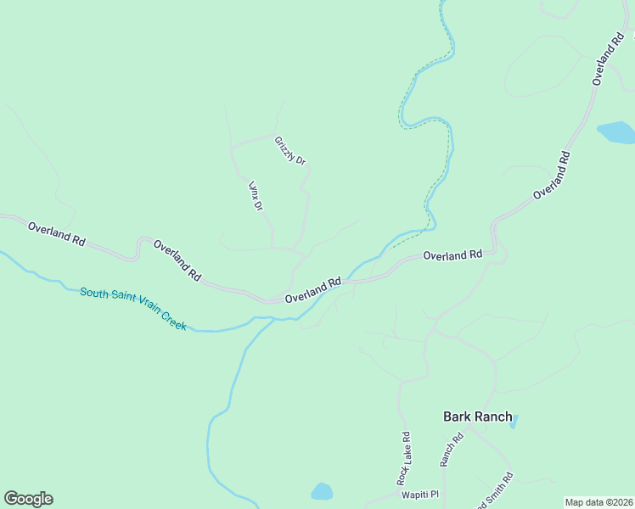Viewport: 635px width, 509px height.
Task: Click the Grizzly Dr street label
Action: [x=290, y=150]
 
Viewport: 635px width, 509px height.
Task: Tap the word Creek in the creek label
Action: [x=172, y=322]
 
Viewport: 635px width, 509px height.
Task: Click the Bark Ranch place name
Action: [x=478, y=417]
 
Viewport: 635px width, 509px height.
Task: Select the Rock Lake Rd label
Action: [x=407, y=457]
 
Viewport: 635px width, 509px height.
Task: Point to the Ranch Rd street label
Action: [x=451, y=450]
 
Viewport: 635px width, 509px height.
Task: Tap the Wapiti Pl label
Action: [x=420, y=495]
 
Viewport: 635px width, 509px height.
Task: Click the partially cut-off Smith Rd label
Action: [x=496, y=489]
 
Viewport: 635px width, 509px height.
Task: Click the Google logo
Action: [x=29, y=499]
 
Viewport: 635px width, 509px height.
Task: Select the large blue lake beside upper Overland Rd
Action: [x=615, y=132]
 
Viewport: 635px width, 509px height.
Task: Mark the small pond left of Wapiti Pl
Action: [x=322, y=491]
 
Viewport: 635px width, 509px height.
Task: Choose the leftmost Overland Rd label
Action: [x=57, y=234]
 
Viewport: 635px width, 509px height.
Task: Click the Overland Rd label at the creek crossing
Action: [x=313, y=290]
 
